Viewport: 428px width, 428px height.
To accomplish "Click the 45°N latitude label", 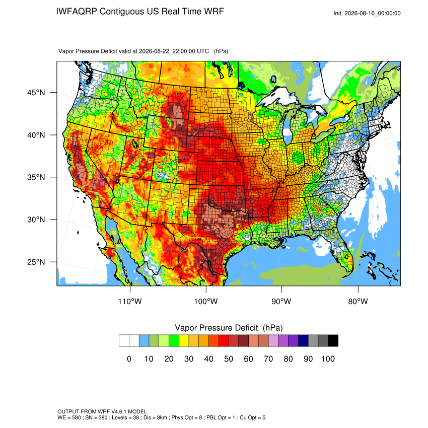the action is [36, 93].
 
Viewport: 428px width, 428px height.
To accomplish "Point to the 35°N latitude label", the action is [36, 177].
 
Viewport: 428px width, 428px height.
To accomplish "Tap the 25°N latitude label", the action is [36, 262].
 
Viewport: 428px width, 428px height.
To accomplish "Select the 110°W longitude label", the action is [130, 301].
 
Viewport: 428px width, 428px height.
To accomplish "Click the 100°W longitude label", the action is [206, 301].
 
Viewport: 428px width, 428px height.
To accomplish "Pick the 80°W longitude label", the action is [358, 301].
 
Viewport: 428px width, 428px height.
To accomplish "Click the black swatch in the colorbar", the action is [333, 341].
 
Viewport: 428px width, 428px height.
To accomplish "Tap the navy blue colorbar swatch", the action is [303, 341].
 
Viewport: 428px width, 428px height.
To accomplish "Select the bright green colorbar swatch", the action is [174, 341].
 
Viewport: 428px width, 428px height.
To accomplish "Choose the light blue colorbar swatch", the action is [144, 341].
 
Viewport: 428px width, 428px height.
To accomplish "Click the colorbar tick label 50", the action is [229, 359].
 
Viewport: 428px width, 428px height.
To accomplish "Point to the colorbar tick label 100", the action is [328, 359].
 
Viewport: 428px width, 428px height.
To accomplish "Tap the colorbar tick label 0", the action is [129, 359].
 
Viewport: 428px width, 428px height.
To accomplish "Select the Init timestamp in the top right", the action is [367, 13].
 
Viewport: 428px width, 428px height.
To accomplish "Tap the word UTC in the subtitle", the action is [203, 51].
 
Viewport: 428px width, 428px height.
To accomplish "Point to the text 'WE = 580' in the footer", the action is [69, 417].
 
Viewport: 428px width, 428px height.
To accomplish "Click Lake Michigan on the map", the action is [287, 128].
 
